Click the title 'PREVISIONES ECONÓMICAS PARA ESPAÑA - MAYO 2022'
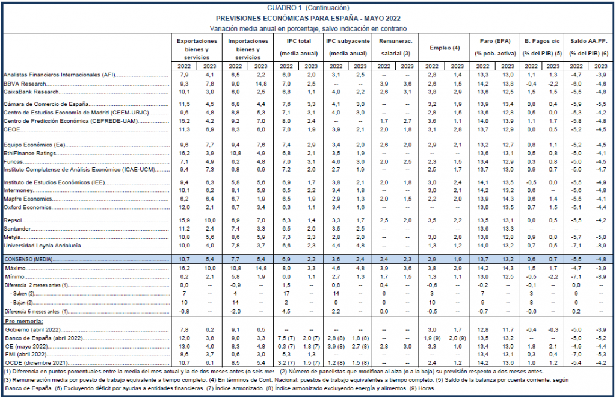(308, 19)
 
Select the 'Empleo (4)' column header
(445, 48)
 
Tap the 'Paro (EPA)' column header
(495, 41)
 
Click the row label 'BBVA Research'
(25, 83)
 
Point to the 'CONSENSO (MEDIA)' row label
(28, 259)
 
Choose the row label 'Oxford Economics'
(28, 207)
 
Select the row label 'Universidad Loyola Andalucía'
(43, 246)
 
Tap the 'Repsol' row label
(13, 220)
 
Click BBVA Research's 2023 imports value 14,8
(260, 83)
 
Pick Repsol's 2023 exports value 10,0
(209, 220)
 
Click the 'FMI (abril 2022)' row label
(26, 354)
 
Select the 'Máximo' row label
(15, 268)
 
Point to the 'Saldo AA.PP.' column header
(588, 41)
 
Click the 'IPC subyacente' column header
(348, 41)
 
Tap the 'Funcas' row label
(13, 161)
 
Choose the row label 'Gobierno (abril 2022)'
(32, 329)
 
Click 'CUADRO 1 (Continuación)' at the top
(308, 7)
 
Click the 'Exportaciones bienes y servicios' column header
(197, 49)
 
